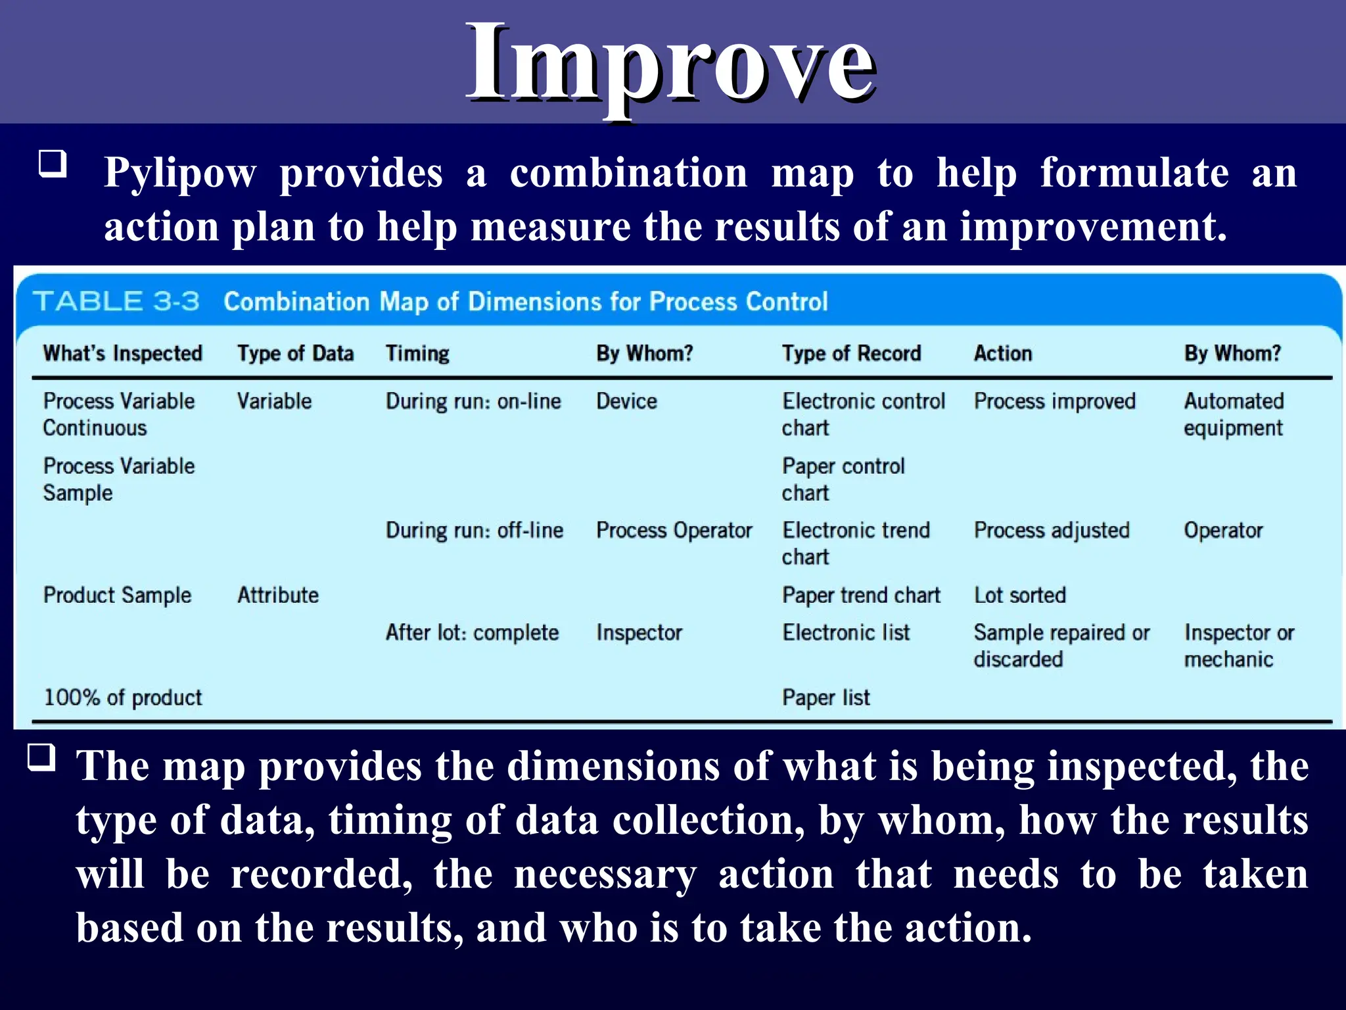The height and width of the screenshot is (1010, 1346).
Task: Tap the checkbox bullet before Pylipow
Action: [53, 163]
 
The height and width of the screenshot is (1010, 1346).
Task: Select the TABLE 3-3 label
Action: [116, 302]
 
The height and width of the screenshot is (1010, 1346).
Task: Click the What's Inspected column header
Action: [122, 354]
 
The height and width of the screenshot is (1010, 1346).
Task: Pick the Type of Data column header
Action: [295, 354]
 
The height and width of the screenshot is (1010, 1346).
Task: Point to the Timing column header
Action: [417, 354]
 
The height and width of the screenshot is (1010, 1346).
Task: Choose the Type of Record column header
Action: [851, 354]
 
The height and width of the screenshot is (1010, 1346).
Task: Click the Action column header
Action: [1002, 354]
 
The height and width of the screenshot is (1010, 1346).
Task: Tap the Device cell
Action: [626, 401]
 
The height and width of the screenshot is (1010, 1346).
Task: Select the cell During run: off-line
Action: [474, 531]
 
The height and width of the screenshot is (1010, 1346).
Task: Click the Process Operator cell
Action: [674, 531]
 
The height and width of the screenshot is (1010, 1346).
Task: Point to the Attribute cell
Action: [278, 595]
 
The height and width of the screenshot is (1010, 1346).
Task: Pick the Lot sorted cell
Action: [1019, 595]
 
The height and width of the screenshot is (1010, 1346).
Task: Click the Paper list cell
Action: [825, 698]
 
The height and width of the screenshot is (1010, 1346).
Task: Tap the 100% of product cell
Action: [123, 698]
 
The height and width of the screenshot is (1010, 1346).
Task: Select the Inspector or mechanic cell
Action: [1238, 646]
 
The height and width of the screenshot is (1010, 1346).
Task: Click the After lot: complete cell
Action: [472, 633]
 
